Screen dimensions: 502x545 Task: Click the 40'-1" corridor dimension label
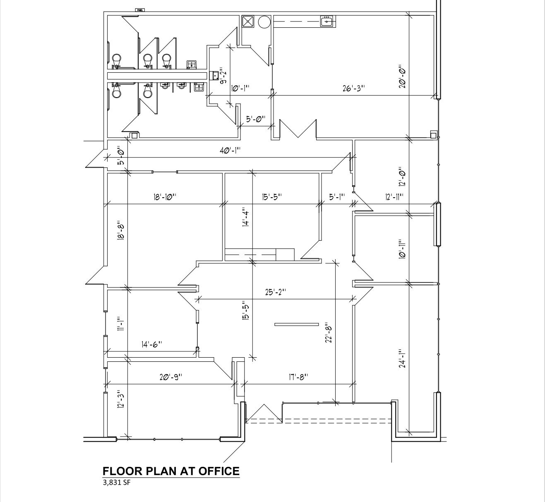230,151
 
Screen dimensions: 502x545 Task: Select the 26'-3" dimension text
353,88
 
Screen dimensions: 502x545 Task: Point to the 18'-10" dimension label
165,197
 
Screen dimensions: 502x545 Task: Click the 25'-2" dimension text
276,292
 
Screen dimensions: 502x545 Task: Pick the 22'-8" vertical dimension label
329,332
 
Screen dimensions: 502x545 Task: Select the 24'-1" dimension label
401,359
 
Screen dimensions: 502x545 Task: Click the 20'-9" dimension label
170,377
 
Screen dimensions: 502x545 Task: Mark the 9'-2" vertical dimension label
223,76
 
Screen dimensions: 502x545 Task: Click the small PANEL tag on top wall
140,10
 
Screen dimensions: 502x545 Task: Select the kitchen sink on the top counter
328,21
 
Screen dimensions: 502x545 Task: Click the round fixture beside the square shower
264,22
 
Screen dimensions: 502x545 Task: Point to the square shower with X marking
248,22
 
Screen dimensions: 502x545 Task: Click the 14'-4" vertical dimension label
246,217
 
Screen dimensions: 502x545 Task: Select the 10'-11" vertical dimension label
401,249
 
